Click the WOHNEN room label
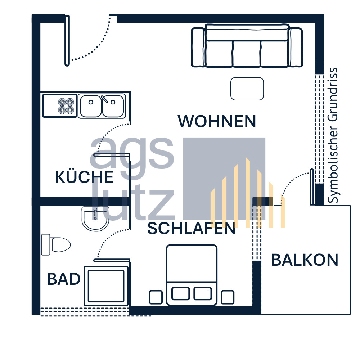point(217,121)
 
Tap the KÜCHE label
point(84,177)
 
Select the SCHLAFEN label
point(192,229)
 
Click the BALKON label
point(305,260)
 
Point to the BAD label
point(63,279)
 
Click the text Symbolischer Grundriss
point(334,135)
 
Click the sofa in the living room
point(247,46)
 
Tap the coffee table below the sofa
point(247,89)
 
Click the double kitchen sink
point(102,106)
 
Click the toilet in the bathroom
point(55,244)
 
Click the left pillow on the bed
point(180,293)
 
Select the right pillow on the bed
point(202,293)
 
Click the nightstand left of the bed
point(156,297)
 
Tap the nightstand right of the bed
point(228,297)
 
